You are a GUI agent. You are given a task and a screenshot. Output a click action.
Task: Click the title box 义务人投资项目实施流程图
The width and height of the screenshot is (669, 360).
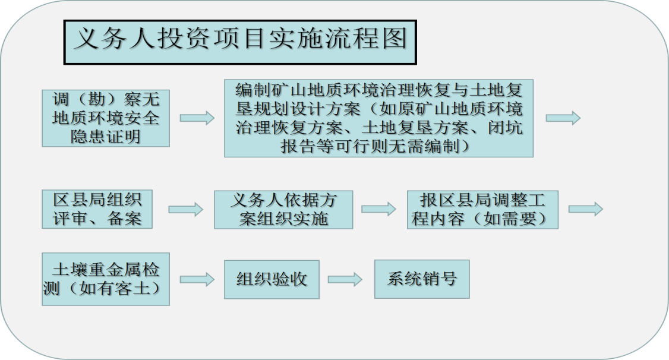[240, 42]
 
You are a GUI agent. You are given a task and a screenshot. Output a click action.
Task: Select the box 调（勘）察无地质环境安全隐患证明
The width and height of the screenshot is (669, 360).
[106, 118]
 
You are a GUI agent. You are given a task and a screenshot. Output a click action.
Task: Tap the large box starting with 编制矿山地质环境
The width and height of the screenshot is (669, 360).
[379, 118]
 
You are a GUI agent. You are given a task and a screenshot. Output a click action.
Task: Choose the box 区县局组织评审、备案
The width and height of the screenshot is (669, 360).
[97, 209]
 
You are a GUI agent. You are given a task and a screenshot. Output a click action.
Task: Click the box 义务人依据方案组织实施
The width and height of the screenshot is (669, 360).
[283, 210]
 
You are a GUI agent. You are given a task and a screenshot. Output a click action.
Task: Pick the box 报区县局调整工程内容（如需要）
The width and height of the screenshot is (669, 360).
[482, 210]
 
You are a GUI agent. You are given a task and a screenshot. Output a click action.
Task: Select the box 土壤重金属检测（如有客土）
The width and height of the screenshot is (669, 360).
[106, 279]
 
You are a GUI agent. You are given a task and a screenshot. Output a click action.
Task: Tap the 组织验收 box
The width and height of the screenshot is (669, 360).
[272, 279]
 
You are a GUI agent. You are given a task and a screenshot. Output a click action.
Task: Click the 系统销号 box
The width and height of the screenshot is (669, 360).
[422, 279]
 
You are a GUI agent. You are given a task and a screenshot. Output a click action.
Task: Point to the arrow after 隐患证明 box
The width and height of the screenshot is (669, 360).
[197, 118]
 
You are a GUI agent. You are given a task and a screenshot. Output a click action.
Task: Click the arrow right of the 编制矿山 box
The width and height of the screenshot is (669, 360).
[563, 118]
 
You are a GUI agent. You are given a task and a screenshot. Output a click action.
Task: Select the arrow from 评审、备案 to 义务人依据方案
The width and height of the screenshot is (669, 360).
[185, 209]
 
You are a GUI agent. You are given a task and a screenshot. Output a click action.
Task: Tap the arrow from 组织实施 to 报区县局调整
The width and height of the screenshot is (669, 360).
[379, 209]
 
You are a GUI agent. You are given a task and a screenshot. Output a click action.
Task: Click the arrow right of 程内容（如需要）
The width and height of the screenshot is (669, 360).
[586, 209]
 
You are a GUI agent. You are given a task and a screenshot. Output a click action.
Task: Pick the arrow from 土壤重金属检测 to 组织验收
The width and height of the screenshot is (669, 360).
[197, 279]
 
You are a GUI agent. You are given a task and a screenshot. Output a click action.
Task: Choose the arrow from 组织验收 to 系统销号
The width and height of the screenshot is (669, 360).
[345, 279]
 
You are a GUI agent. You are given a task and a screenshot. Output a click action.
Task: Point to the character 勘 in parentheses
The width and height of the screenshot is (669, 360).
[96, 99]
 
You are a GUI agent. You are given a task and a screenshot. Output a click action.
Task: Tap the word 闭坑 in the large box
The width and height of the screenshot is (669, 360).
[505, 128]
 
